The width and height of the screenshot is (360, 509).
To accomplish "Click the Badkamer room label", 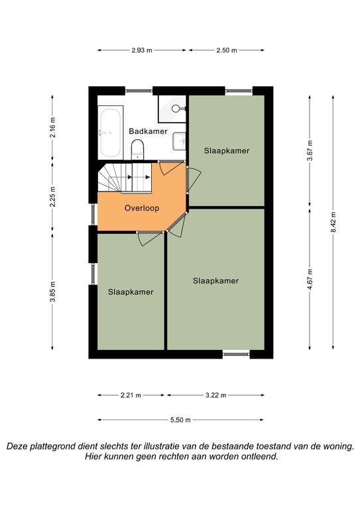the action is [x=148, y=131].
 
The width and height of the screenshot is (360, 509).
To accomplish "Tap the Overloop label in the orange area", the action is [x=142, y=207].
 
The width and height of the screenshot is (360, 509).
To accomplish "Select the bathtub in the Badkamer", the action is [x=110, y=132].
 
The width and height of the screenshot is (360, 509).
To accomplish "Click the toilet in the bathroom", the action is [x=137, y=149].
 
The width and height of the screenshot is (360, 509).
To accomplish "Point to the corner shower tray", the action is [x=172, y=109].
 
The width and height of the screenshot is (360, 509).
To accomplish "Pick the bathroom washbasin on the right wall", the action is [x=179, y=141].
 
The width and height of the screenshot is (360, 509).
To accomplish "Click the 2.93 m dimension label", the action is [x=142, y=50].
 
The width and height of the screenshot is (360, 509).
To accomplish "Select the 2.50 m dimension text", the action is [x=227, y=50].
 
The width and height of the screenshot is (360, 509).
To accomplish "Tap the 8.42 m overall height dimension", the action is [x=333, y=222].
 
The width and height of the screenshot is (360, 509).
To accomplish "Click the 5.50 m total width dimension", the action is [x=180, y=420].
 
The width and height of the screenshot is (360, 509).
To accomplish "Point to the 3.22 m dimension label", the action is [x=216, y=396].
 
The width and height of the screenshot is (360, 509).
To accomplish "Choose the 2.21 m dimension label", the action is [x=131, y=396].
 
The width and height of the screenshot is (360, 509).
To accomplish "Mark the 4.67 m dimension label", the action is [x=310, y=280].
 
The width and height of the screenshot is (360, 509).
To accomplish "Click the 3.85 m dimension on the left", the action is [x=52, y=292].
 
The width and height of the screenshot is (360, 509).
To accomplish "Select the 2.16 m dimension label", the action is [x=52, y=127].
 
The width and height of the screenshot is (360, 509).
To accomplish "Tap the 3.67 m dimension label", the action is [x=310, y=150].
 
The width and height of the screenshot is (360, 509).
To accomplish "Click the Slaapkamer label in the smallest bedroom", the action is [x=131, y=292].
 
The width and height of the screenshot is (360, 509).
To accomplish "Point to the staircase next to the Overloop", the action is [x=125, y=178].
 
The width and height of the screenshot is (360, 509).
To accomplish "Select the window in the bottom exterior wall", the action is [x=236, y=353].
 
